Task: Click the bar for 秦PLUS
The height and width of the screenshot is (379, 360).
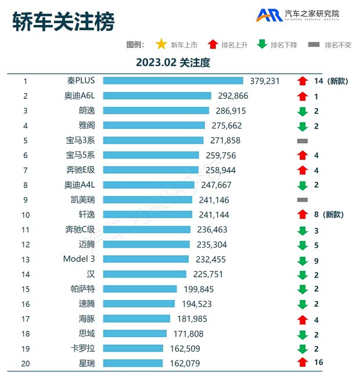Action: click(172, 81)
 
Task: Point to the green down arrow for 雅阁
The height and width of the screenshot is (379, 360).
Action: click(302, 126)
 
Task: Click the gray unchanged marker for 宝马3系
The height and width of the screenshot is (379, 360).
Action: click(302, 141)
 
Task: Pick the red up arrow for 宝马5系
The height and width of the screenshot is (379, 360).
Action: click(302, 155)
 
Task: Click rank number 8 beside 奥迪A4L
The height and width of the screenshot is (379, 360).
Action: click(26, 185)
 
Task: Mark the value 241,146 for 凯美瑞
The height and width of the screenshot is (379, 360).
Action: click(213, 200)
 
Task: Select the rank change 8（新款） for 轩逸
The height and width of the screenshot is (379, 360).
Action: click(328, 214)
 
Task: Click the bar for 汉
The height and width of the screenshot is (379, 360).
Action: click(145, 274)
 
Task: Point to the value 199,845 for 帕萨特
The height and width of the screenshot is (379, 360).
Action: click(199, 289)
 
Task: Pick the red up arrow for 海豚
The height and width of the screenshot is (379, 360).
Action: click(302, 319)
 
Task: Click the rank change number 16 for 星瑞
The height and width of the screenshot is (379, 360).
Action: click(318, 363)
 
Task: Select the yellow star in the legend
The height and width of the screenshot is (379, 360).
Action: click(161, 44)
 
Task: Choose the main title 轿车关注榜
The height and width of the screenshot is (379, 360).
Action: click(64, 22)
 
